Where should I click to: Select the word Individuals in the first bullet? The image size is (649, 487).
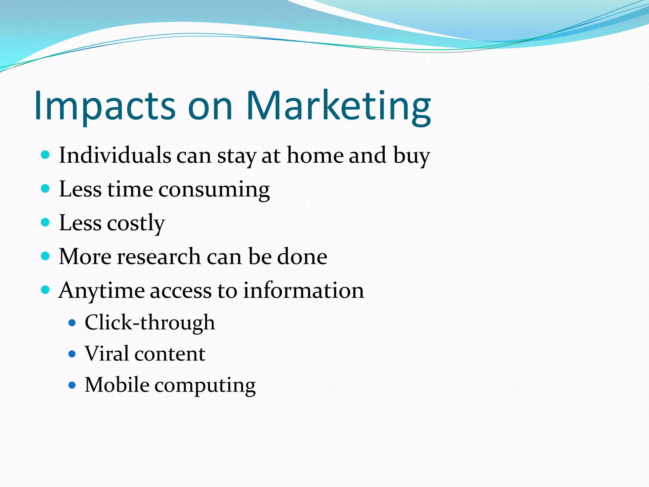point(115,155)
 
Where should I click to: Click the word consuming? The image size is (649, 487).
point(214,190)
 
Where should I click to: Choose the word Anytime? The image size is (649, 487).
point(101,291)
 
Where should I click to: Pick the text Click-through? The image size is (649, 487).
point(150,323)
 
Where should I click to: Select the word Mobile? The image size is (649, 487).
point(117,385)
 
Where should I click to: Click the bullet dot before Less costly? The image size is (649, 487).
point(46,222)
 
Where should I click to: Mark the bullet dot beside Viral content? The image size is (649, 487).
point(72,354)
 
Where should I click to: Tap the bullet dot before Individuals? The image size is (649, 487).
point(46,155)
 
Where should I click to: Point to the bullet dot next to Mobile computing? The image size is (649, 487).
point(72,385)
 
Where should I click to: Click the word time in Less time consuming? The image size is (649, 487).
point(130,190)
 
